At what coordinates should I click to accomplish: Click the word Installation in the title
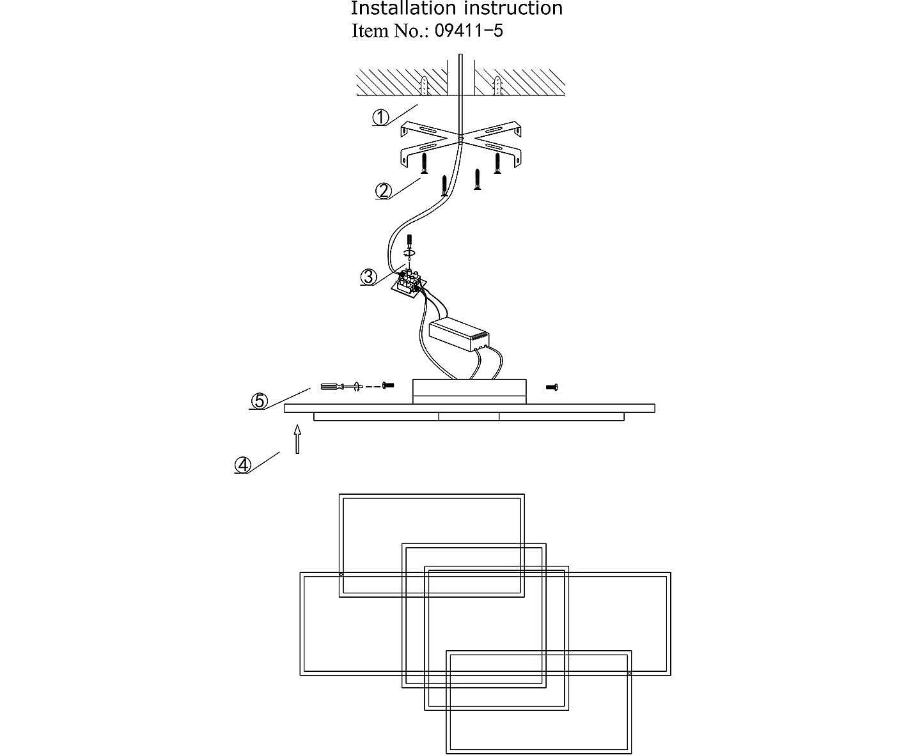tap(402, 8)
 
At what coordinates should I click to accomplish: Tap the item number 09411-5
tap(469, 31)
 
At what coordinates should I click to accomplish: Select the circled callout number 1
tap(381, 117)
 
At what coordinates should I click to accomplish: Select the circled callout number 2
tap(384, 191)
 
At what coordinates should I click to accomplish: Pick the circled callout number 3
tap(368, 277)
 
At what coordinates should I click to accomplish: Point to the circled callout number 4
tap(243, 465)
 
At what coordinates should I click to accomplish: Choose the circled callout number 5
tap(259, 401)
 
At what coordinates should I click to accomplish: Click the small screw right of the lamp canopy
tap(552, 387)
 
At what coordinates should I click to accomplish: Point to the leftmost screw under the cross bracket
tap(424, 164)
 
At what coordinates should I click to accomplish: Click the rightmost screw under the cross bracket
tap(497, 164)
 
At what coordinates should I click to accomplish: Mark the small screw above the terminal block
tap(409, 242)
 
